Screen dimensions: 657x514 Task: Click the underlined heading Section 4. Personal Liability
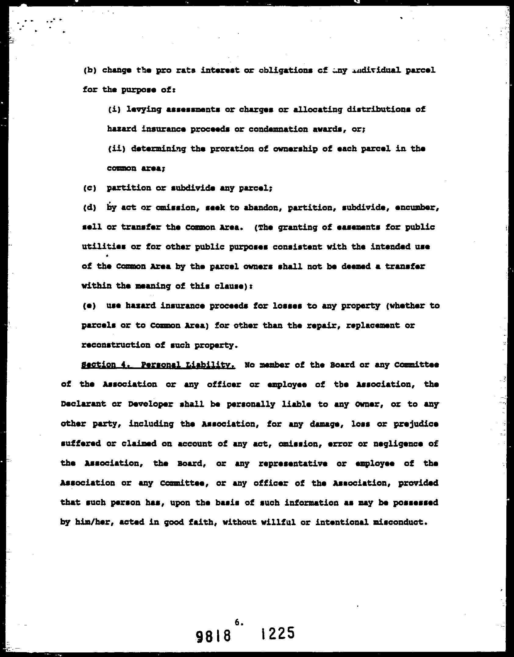click(x=158, y=365)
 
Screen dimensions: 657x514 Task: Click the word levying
click(x=144, y=110)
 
